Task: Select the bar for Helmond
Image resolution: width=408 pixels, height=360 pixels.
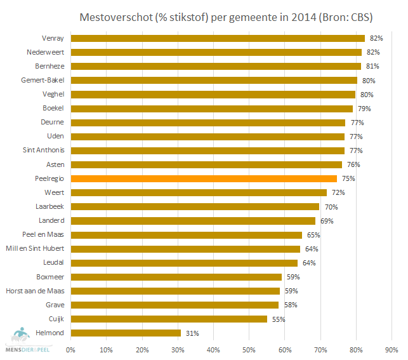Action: (126, 333)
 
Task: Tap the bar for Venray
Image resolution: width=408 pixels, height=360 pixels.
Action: (218, 38)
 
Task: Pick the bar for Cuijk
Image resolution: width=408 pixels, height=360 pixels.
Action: (169, 319)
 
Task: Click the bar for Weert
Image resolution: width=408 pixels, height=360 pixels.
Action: (199, 192)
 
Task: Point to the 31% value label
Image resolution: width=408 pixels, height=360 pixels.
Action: (191, 333)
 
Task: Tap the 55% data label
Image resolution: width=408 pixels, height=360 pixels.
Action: (278, 319)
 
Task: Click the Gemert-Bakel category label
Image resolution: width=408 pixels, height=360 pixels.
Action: (44, 80)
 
